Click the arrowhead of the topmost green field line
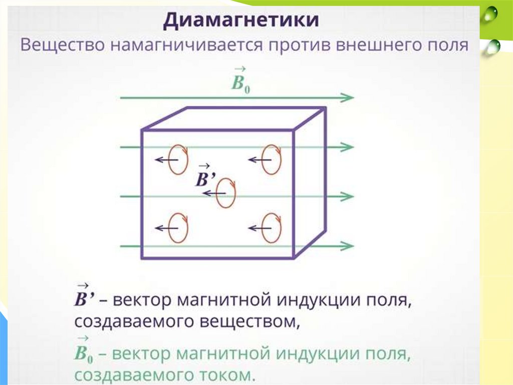point(347,97)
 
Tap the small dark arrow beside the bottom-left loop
point(163,228)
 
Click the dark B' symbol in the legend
point(84,300)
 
